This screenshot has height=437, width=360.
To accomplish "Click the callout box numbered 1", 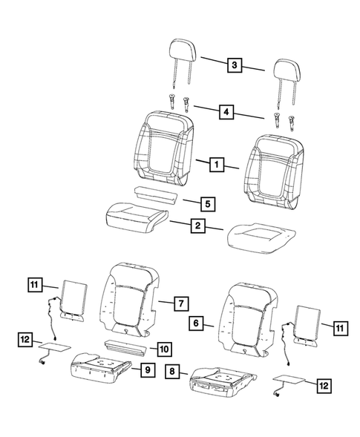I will tap(216, 165).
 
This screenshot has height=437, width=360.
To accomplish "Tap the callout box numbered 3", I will tap(234, 66).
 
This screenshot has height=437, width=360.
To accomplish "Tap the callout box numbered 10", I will tap(163, 347).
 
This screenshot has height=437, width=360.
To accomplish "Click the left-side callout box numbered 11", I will tap(34, 283).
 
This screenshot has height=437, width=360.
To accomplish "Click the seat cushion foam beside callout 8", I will tap(219, 377).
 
